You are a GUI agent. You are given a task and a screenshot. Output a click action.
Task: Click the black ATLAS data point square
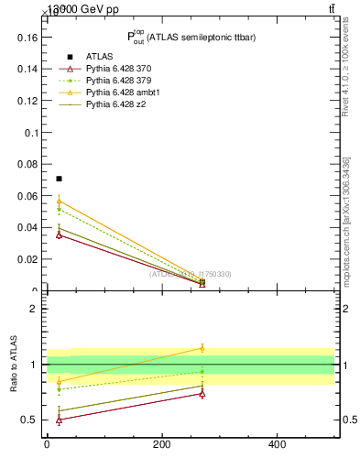point(59,179)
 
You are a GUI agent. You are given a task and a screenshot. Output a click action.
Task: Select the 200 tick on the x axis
point(161,446)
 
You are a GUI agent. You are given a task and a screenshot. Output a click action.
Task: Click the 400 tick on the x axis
point(277,446)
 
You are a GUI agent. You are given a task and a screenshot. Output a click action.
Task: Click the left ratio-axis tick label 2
point(34,309)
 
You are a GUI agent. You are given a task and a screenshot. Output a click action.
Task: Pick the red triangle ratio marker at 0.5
point(59,420)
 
